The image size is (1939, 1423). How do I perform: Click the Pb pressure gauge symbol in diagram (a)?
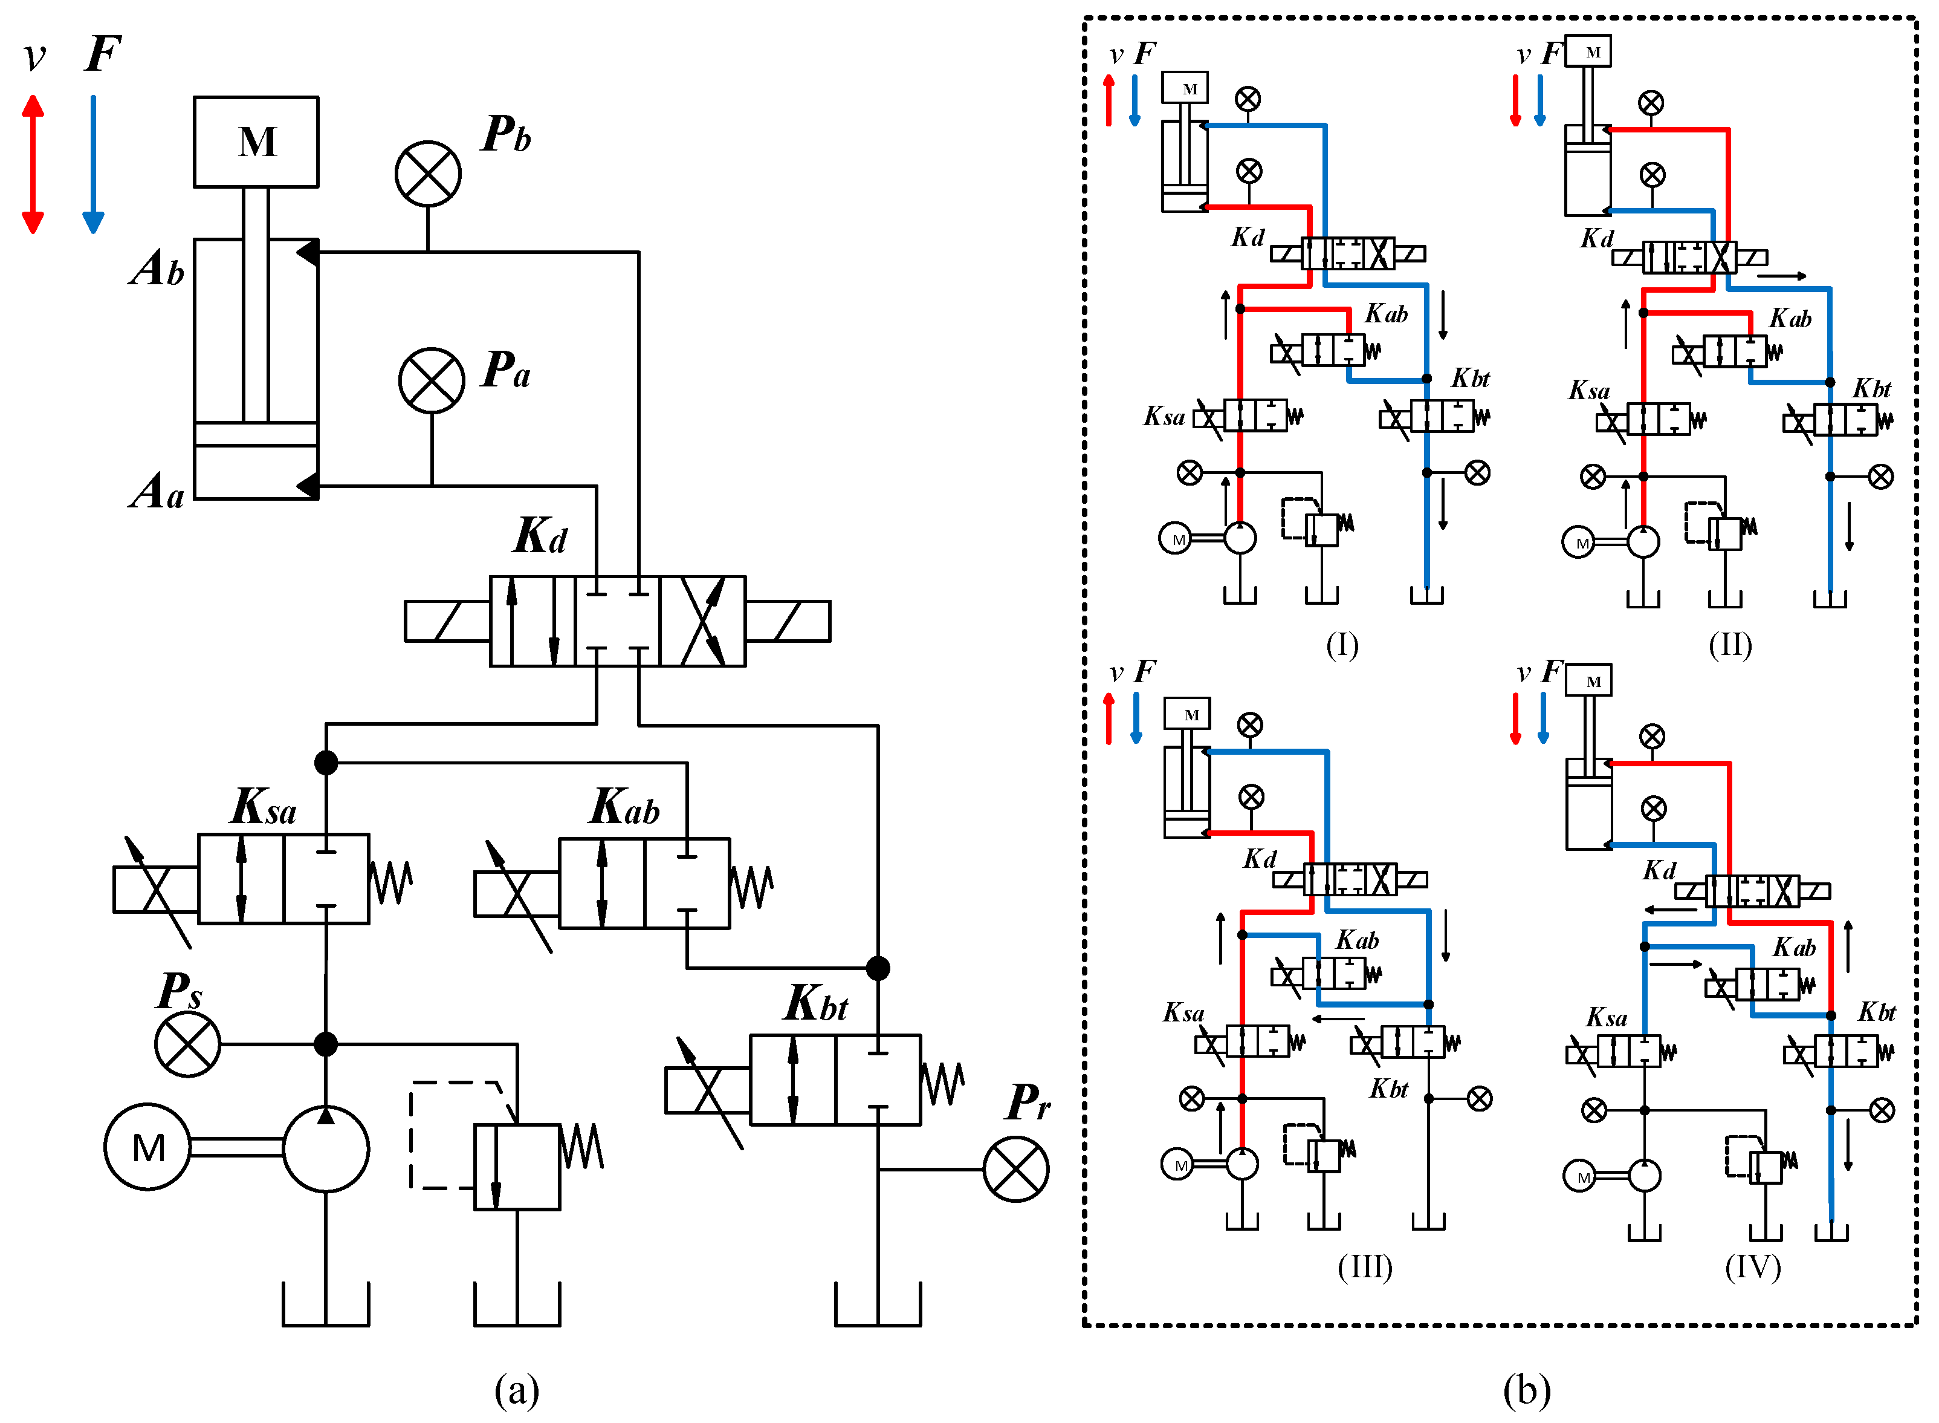point(428,174)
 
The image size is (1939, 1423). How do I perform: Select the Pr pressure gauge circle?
point(1016,1170)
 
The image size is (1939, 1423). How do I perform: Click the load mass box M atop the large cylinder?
point(256,142)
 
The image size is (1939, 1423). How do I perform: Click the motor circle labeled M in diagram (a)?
point(147,1147)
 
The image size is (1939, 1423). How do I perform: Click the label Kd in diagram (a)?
point(540,536)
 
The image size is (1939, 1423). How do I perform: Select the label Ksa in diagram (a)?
point(264,808)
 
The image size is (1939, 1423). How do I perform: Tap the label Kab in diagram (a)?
point(624,808)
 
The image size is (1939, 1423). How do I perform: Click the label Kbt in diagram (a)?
point(815,1003)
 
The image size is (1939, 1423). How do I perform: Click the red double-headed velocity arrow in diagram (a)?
point(33,164)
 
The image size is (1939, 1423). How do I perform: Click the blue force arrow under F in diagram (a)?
point(93,164)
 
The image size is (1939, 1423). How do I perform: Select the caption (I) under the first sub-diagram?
point(1341,644)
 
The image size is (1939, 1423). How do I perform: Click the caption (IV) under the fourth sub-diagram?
point(1753,1266)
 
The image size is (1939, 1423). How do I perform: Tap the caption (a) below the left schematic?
point(517,1389)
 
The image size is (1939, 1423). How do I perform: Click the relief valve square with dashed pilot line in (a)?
point(517,1167)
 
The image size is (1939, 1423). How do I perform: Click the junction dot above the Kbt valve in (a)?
point(878,968)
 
